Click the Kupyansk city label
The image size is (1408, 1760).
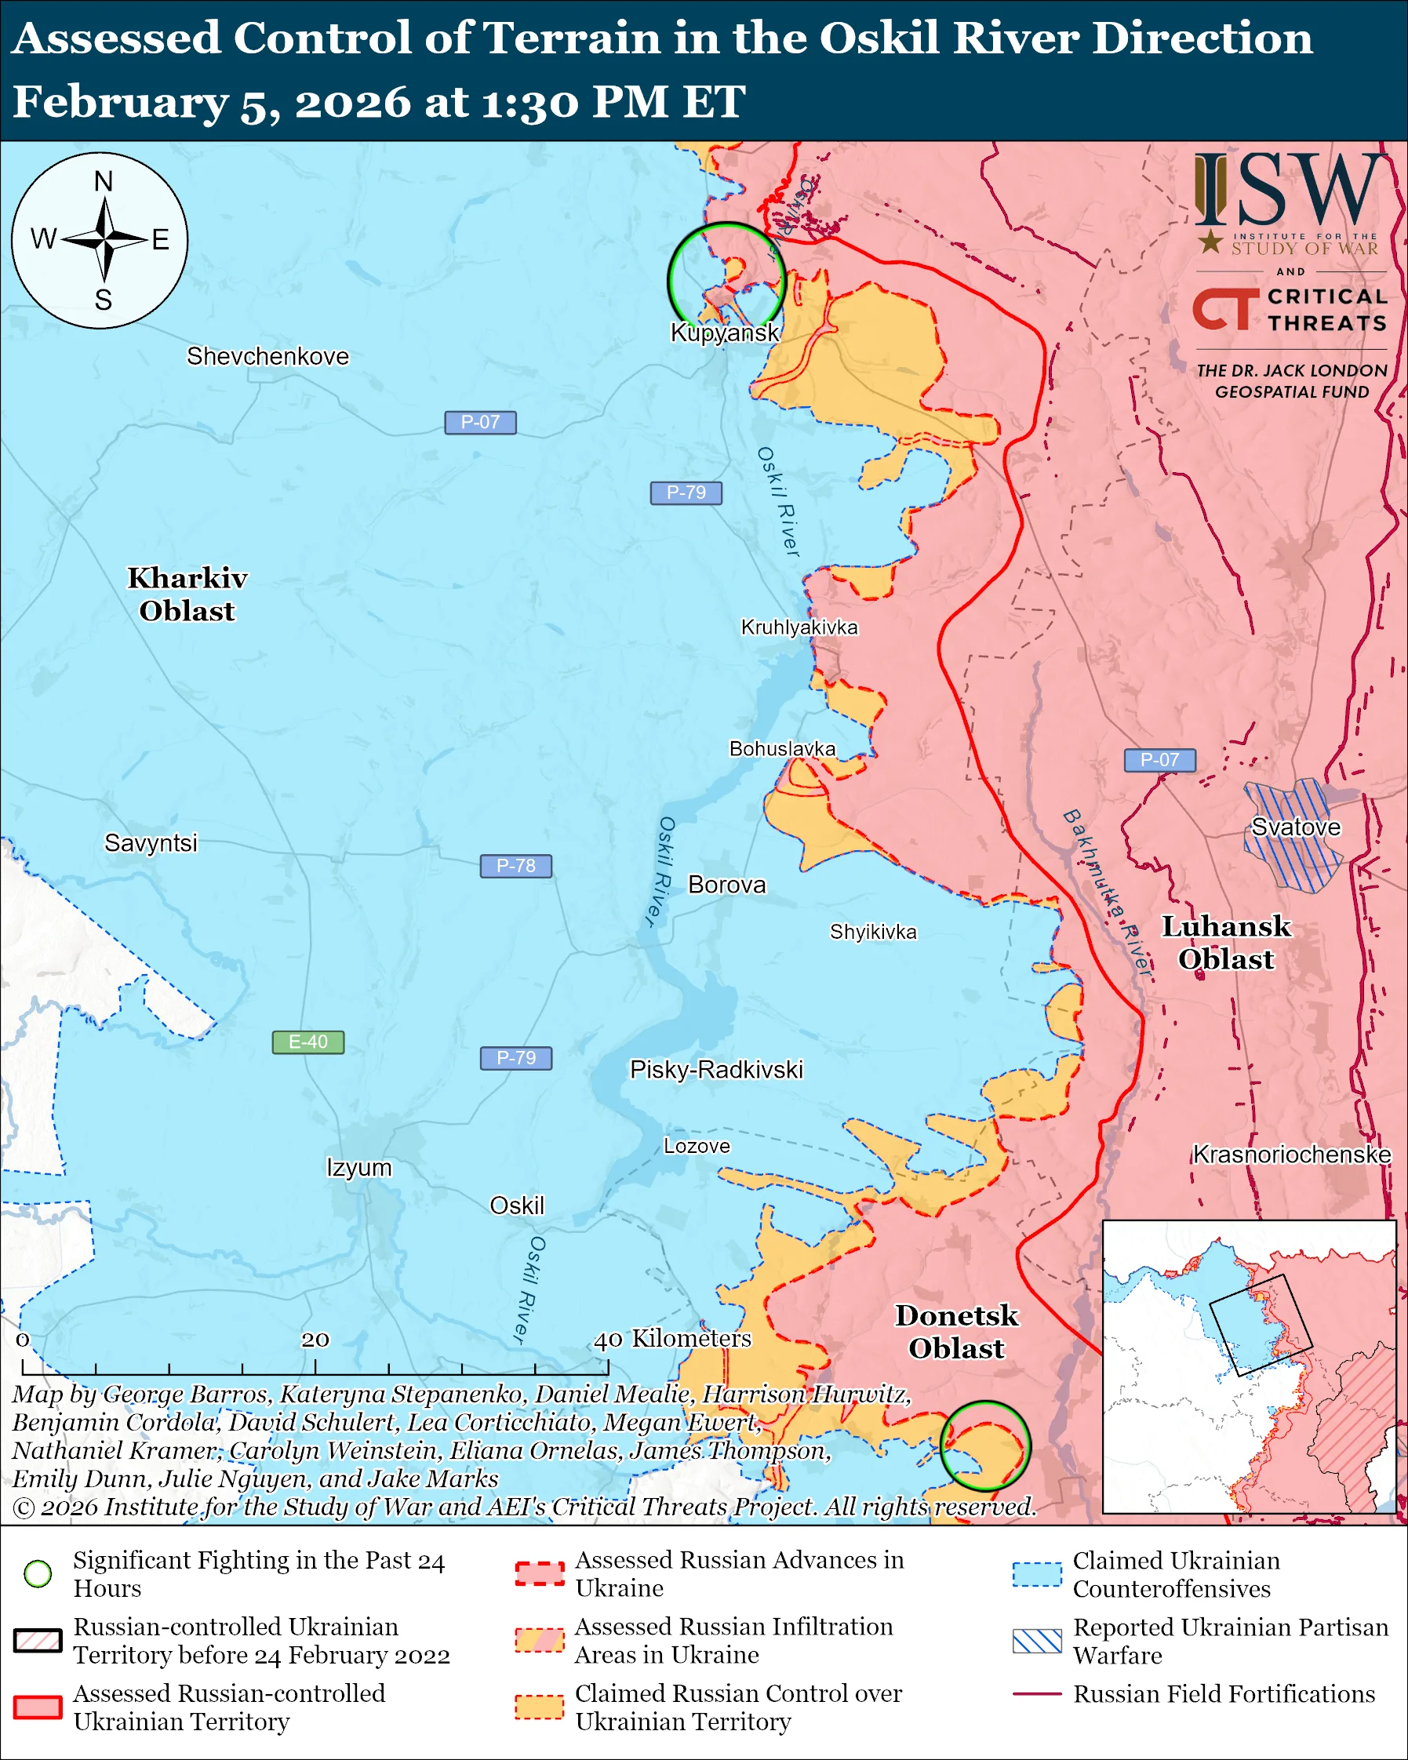click(x=724, y=333)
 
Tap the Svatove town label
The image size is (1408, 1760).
click(x=1295, y=827)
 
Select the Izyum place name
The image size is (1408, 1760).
click(x=358, y=1167)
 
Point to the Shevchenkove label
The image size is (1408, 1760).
click(x=267, y=356)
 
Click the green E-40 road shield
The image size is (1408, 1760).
click(x=307, y=1042)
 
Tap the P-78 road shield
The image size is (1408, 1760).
click(x=515, y=865)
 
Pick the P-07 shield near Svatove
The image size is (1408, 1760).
click(x=1159, y=760)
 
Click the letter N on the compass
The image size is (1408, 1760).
click(x=103, y=181)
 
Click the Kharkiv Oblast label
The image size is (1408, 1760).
click(x=187, y=595)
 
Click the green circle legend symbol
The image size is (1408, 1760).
click(x=38, y=1573)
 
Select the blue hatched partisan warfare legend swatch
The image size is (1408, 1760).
click(x=1037, y=1641)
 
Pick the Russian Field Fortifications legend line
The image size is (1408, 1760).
click(x=1037, y=1694)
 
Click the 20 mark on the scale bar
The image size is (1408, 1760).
click(x=315, y=1340)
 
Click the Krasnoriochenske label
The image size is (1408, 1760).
click(x=1291, y=1155)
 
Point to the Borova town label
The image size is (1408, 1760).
click(x=726, y=885)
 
